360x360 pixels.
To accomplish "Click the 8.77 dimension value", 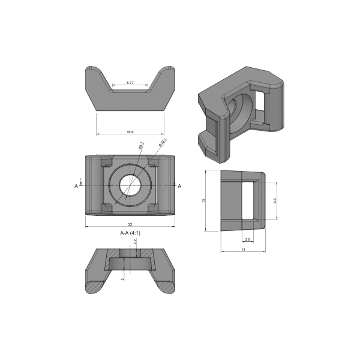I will click(130, 82).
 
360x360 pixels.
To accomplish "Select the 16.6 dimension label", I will click(130, 130).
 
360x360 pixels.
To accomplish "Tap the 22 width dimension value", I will click(130, 224).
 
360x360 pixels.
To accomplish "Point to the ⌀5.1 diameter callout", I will click(141, 146).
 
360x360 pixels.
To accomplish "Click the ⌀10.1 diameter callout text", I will click(162, 142).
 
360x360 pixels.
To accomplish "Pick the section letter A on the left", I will click(76, 187).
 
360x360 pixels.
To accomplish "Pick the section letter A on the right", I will click(180, 187).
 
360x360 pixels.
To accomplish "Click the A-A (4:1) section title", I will click(130, 232).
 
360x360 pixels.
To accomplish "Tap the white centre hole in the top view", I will click(130, 185).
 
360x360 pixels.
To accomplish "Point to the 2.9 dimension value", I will click(248, 239).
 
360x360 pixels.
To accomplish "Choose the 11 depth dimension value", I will click(243, 248).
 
